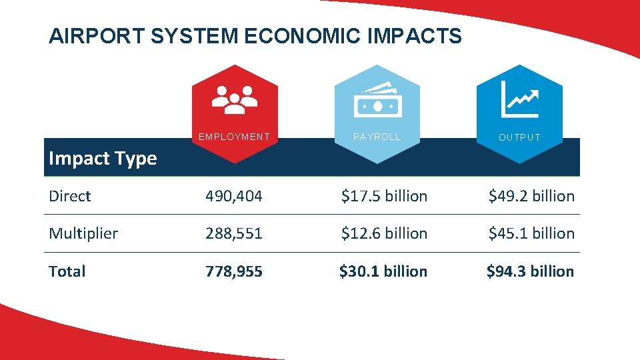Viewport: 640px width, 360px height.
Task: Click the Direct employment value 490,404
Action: [x=234, y=196]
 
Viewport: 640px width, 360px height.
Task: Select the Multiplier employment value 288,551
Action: [x=234, y=233]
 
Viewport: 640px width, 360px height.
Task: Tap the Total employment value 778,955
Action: [x=234, y=271]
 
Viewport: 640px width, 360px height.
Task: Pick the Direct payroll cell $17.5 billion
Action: [x=384, y=196]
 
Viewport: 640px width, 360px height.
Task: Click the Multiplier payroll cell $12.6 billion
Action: [x=384, y=233]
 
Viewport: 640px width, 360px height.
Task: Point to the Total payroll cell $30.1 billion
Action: [x=383, y=271]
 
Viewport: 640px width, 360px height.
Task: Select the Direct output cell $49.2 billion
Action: [x=531, y=196]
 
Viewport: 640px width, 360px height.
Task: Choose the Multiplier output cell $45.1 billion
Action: [x=531, y=233]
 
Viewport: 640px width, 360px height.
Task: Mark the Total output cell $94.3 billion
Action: [x=530, y=271]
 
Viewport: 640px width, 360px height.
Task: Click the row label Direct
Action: [x=70, y=196]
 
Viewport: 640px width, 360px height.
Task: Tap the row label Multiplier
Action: [x=83, y=233]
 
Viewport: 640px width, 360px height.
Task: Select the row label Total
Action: [x=67, y=271]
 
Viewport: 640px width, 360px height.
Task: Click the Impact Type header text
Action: [x=103, y=159]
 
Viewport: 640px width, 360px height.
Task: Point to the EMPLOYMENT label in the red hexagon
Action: [x=235, y=137]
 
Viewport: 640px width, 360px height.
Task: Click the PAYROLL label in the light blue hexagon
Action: [x=377, y=137]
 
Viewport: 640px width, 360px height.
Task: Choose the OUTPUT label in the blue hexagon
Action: [x=520, y=137]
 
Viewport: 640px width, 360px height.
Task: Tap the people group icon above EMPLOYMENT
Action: [x=235, y=98]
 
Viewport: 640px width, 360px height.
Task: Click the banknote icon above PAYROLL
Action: [x=377, y=99]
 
